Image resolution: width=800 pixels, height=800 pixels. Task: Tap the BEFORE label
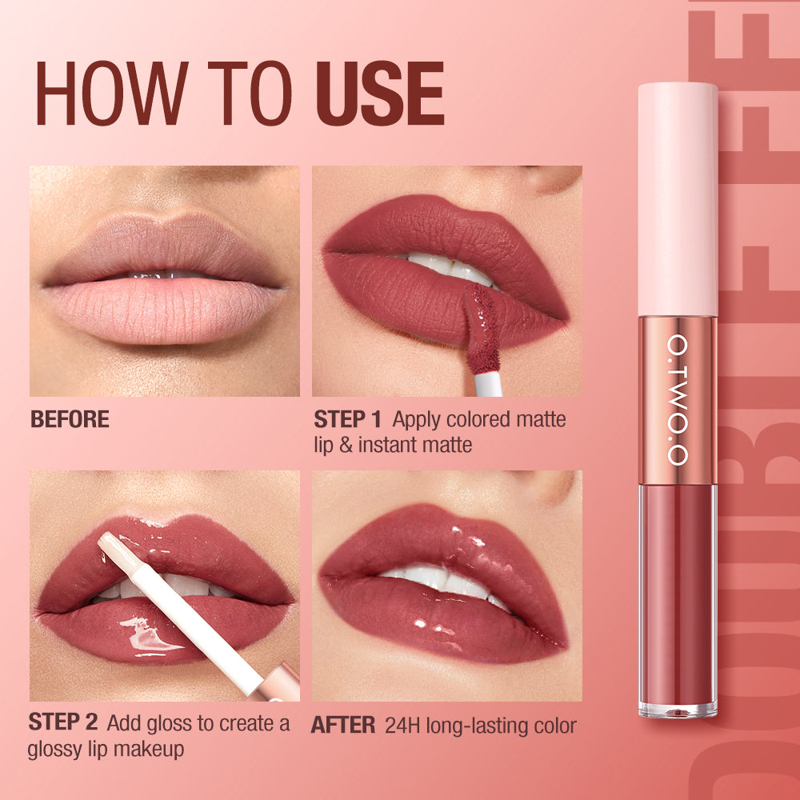click(x=70, y=420)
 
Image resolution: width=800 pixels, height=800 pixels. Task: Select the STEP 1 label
click(x=348, y=419)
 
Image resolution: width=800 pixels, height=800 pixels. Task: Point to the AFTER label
click(x=343, y=726)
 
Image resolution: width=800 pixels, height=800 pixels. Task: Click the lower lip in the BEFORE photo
click(x=164, y=308)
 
